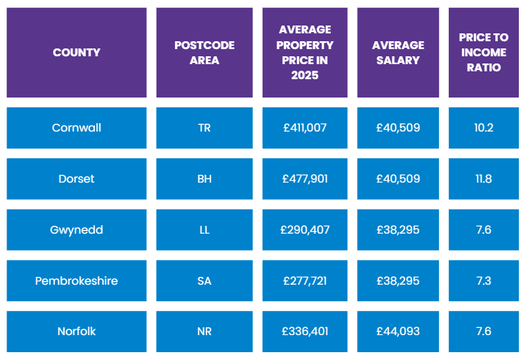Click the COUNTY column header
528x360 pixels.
77,52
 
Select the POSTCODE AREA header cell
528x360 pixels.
204,52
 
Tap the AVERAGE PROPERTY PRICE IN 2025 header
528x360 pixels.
305,52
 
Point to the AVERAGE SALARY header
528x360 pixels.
398,52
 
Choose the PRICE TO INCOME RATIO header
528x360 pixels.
483,52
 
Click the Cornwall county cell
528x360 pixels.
77,128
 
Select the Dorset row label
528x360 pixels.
77,179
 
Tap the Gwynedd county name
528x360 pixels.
77,230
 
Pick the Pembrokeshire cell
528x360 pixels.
77,281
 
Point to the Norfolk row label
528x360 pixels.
77,331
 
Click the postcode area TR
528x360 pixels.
204,128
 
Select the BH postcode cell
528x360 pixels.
204,179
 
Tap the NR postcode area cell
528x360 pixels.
204,331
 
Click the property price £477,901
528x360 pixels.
305,179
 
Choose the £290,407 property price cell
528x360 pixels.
305,230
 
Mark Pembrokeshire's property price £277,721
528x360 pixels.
305,281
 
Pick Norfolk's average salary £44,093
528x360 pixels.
398,331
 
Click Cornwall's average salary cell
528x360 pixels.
398,128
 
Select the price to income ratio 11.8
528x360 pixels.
483,179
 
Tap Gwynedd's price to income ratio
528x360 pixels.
483,230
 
